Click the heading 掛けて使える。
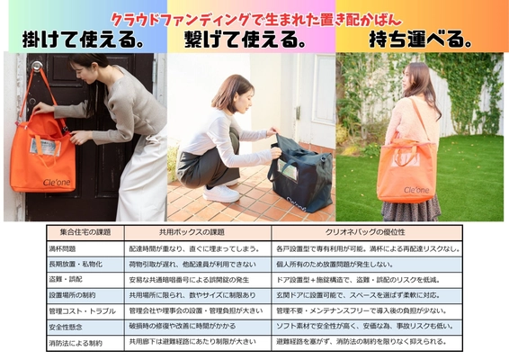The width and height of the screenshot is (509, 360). coord(85,40)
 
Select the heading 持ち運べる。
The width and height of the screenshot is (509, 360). coord(421,40)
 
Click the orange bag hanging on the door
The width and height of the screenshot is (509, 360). coord(42,157)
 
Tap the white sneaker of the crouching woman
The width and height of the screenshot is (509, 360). coord(220,193)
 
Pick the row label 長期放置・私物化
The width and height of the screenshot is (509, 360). coord(76,265)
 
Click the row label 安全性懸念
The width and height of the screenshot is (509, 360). coord(68,327)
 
